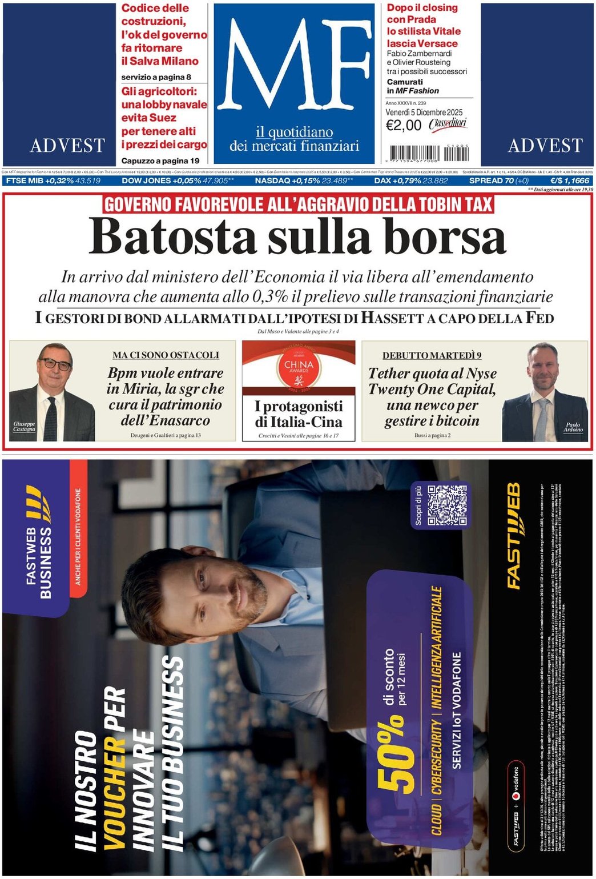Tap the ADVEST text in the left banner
(67, 146)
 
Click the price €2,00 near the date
(404, 126)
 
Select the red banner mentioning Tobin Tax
(298, 204)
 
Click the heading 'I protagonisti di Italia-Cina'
(299, 414)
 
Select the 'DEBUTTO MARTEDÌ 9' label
(432, 355)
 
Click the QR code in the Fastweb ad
(447, 505)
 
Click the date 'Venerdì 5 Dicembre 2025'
(424, 113)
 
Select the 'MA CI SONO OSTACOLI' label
(166, 355)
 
